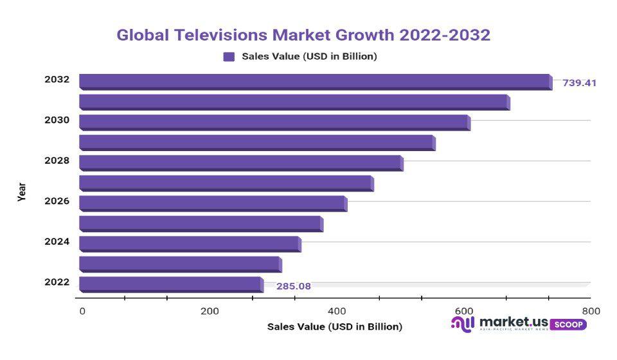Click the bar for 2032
click(x=315, y=82)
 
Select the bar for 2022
click(x=171, y=284)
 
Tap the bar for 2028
click(x=241, y=163)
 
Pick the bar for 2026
click(x=213, y=203)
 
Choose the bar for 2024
click(x=190, y=244)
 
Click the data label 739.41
click(x=579, y=83)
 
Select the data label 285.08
click(x=294, y=286)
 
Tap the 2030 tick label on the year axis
click(x=57, y=120)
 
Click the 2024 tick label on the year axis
click(x=57, y=242)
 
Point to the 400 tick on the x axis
click(x=337, y=311)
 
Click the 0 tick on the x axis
click(x=82, y=311)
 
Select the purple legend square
click(x=229, y=57)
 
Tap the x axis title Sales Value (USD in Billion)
click(x=334, y=327)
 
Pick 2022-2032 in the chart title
click(x=444, y=35)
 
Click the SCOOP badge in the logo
click(x=568, y=325)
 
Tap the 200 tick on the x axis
click(x=210, y=311)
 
